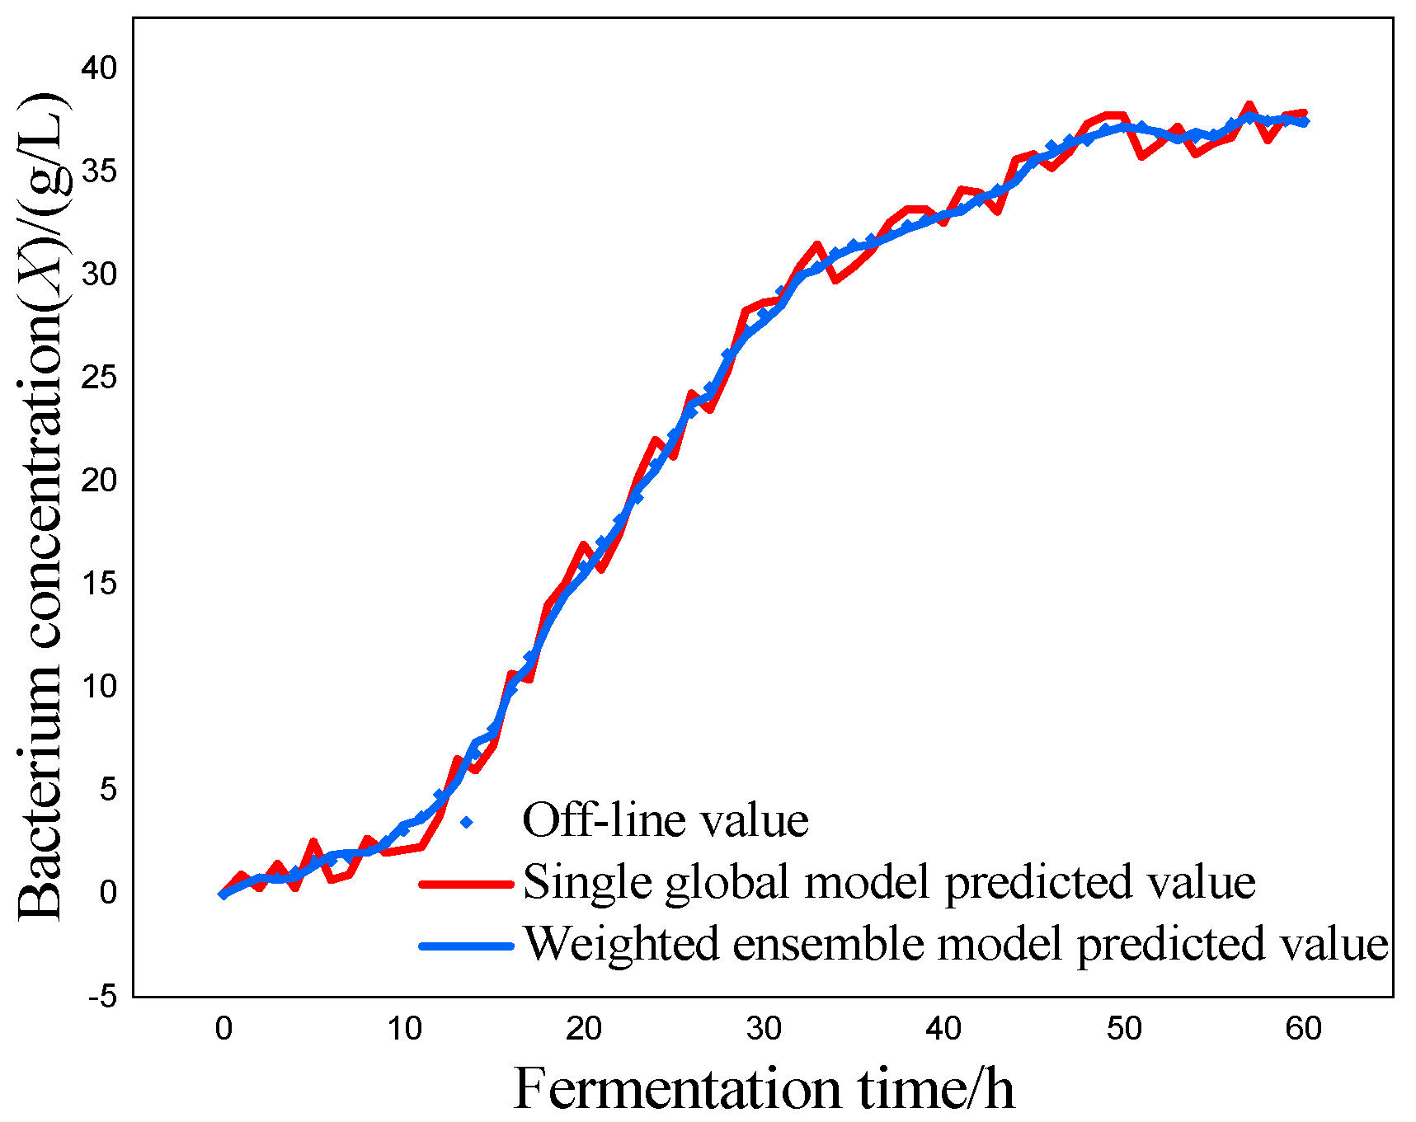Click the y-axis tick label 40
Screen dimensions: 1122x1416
pos(99,68)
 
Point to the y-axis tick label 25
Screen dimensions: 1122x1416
pos(99,378)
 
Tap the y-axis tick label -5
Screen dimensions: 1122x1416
pos(103,997)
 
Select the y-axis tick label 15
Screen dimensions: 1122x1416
pos(99,584)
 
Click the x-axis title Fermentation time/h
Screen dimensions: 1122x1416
pos(764,1088)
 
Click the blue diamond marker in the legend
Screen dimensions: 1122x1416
pos(467,822)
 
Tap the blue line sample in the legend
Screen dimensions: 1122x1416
pos(467,946)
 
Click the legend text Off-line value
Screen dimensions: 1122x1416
pos(666,820)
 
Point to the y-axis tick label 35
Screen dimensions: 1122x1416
pos(99,171)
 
